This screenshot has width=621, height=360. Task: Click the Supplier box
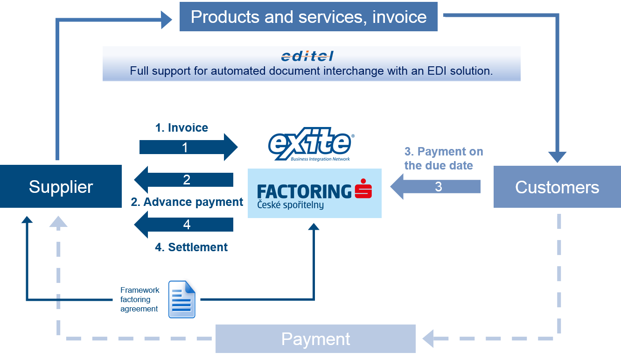(x=61, y=186)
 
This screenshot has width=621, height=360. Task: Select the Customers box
(x=557, y=187)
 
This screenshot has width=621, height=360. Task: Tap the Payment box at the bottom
(x=315, y=339)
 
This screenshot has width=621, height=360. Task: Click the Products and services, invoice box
(x=308, y=17)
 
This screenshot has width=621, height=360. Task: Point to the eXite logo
(x=311, y=144)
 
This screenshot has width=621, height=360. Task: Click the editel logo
(x=307, y=56)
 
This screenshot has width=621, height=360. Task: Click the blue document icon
(x=182, y=299)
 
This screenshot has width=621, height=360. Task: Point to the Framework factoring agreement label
(x=140, y=299)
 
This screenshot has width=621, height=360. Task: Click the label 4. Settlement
(x=191, y=247)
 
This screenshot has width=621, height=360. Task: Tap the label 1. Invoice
(x=181, y=127)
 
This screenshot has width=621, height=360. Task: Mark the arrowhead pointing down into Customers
(x=557, y=157)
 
